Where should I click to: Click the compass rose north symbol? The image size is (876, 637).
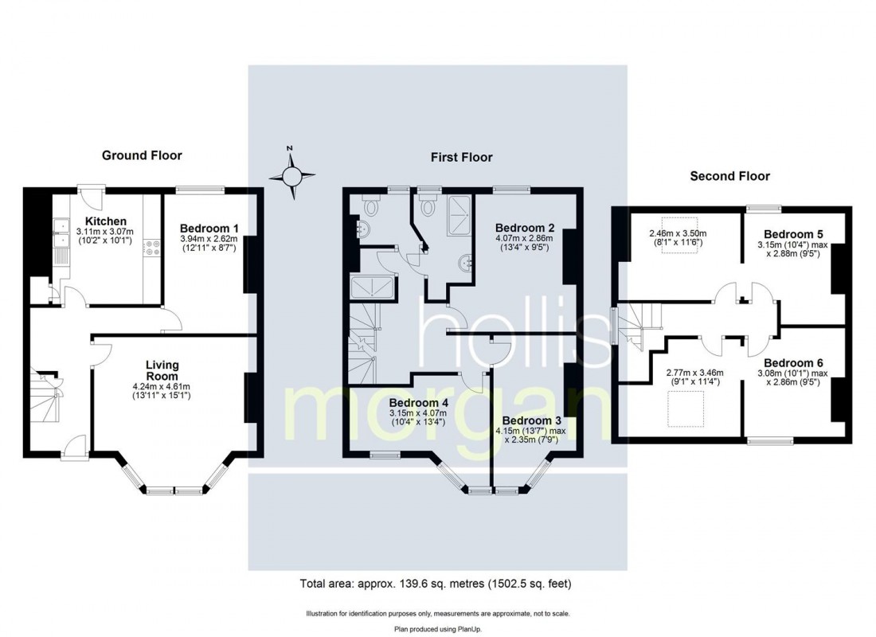click(291, 174)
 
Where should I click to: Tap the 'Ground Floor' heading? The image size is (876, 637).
click(142, 155)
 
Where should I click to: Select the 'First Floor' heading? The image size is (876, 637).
click(462, 158)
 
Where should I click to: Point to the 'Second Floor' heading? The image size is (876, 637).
click(729, 176)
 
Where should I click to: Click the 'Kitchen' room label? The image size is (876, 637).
click(106, 221)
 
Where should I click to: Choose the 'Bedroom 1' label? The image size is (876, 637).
click(209, 228)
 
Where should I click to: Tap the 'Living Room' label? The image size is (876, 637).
click(162, 370)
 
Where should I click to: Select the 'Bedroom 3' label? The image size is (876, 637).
click(531, 420)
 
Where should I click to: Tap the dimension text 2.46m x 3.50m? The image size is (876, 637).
click(679, 233)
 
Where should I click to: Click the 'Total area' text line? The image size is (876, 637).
click(436, 584)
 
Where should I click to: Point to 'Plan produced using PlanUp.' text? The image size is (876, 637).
click(437, 628)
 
